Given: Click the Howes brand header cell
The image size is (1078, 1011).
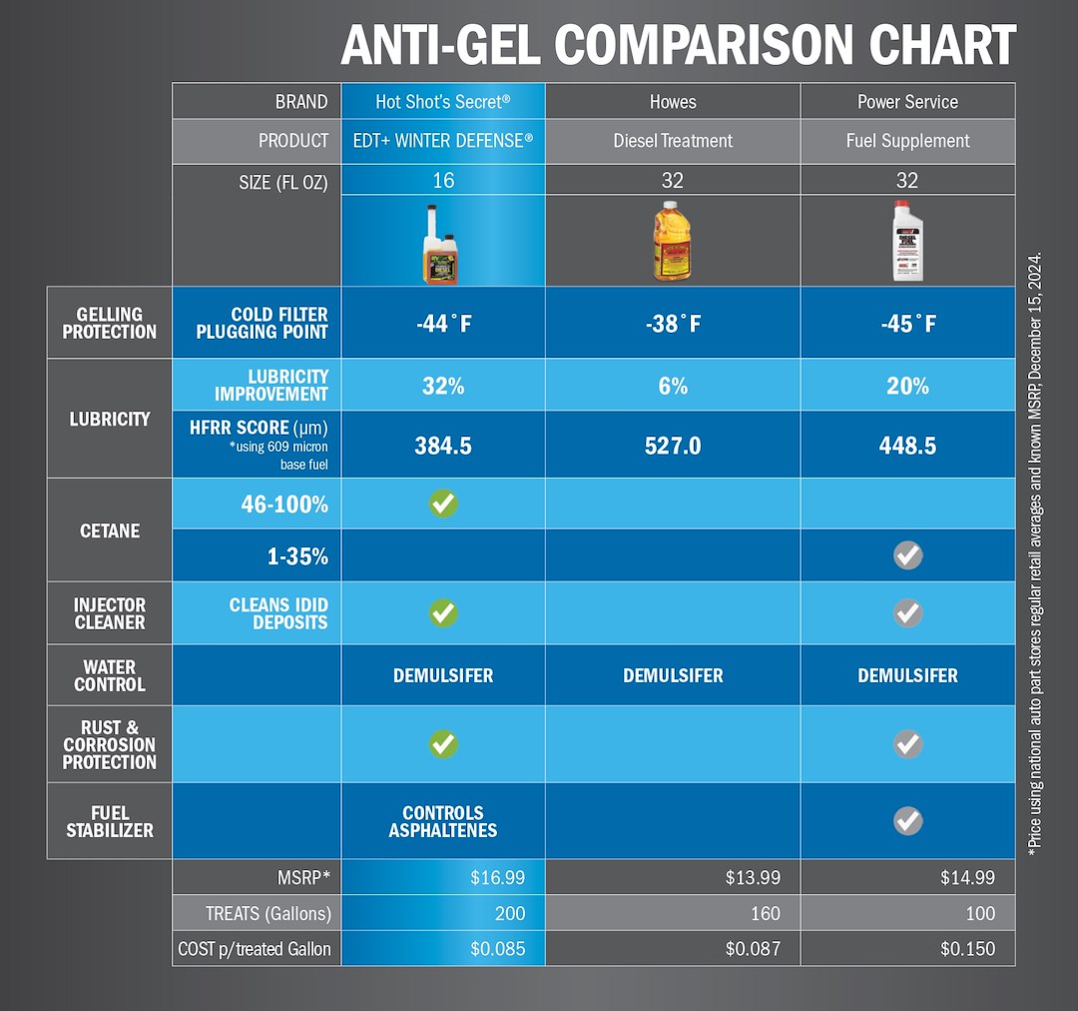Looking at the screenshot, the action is coord(673,102).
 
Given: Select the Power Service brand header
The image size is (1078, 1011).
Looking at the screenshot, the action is coord(907,102).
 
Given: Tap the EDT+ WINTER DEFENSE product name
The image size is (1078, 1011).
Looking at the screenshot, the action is coord(443,141).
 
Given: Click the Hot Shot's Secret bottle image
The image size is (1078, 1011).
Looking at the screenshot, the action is coord(441,245).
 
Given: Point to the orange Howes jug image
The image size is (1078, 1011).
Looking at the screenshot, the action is coord(672,241).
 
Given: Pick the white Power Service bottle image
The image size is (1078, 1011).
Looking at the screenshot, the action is coord(907,241).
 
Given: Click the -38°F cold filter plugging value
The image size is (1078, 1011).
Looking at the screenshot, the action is coord(673,324).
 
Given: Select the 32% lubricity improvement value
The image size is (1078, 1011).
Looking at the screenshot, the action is coord(443,386).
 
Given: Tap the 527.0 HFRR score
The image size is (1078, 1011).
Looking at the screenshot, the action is coord(673,446).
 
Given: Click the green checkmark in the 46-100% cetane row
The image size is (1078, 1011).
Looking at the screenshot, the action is coord(443,504).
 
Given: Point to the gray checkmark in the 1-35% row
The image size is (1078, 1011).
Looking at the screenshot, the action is coord(908,555).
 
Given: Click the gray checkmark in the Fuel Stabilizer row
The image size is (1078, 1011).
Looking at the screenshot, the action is coord(908,821).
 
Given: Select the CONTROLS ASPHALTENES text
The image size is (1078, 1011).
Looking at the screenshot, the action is coord(443,822).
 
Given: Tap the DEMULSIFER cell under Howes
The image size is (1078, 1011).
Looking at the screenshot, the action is coord(673,676).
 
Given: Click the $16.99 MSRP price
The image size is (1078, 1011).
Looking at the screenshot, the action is coord(498,877).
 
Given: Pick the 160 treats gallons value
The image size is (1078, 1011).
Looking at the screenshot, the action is coord(766,913).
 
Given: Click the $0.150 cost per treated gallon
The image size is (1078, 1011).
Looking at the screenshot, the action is coord(967,949).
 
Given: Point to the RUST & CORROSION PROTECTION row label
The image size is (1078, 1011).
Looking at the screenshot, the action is coord(110,744).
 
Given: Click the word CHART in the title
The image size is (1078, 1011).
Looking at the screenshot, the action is coord(942,45).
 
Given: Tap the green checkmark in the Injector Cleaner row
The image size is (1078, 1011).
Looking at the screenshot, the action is coord(443,613).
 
